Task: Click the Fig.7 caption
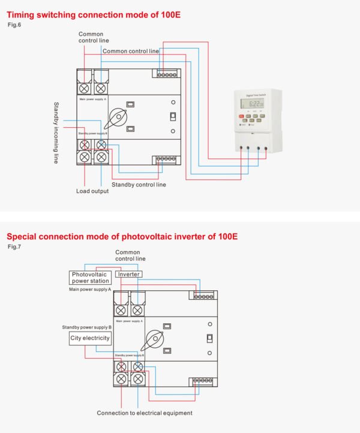point(13,246)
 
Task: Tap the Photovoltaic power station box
point(90,277)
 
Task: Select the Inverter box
point(128,274)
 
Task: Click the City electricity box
point(90,338)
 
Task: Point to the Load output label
point(92,191)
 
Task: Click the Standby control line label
point(139,185)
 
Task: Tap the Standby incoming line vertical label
point(56,133)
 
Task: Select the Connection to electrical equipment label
point(145,413)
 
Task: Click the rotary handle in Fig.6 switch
point(116,116)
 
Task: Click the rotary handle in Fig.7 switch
point(152,340)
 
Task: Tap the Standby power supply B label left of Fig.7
point(86,327)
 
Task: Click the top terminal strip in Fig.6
point(167,74)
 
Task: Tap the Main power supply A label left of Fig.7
point(90,289)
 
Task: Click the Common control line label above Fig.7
point(127,256)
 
